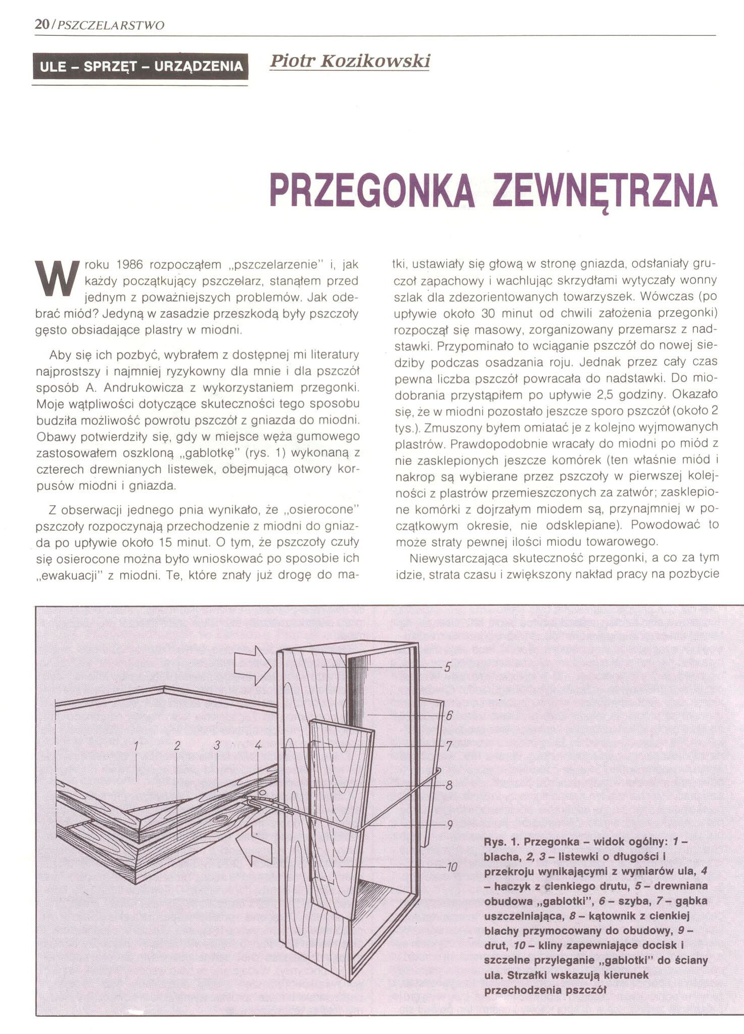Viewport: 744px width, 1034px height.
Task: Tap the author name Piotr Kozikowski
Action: click(x=349, y=61)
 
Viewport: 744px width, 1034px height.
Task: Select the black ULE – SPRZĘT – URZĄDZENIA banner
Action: click(x=141, y=66)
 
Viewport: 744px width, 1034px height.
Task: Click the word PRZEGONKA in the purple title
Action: click(x=373, y=191)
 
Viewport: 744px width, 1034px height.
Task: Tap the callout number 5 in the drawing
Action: click(x=447, y=667)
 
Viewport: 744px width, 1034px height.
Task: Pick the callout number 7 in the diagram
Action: click(x=448, y=746)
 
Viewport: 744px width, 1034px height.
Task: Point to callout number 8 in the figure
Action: click(x=448, y=785)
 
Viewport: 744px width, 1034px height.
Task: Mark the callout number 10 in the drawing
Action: click(x=451, y=868)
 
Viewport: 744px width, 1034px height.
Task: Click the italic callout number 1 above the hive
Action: click(x=136, y=745)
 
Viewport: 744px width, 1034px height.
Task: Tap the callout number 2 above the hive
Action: click(x=177, y=745)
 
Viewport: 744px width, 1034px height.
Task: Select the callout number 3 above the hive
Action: click(x=217, y=745)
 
